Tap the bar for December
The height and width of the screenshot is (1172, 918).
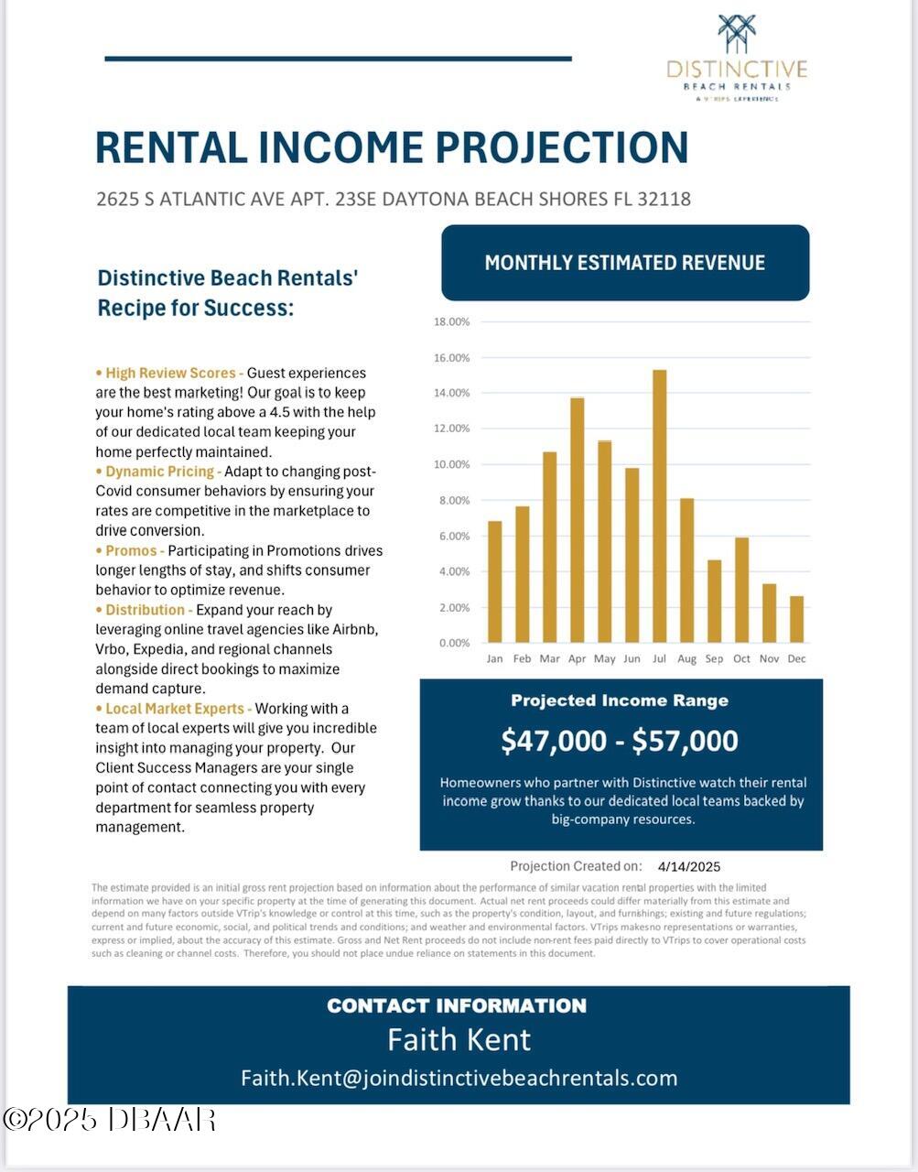point(796,619)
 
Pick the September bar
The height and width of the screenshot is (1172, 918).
point(714,601)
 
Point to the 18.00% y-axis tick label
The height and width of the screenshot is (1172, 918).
point(451,321)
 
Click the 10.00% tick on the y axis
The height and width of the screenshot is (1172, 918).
point(451,464)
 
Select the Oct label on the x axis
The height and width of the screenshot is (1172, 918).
point(741,658)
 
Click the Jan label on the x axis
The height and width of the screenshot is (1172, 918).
point(494,658)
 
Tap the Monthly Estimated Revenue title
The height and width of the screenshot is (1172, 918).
point(624,263)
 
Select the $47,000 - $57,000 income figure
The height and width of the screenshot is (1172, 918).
point(620,741)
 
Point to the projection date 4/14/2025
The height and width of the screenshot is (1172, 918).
point(689,866)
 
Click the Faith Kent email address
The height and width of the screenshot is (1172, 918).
point(459,1078)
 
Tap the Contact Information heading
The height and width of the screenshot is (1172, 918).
point(457,1005)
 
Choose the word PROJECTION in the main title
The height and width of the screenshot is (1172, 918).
point(562,147)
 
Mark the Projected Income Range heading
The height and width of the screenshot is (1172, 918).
point(620,700)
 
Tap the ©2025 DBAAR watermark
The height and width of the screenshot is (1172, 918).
point(110,1119)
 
